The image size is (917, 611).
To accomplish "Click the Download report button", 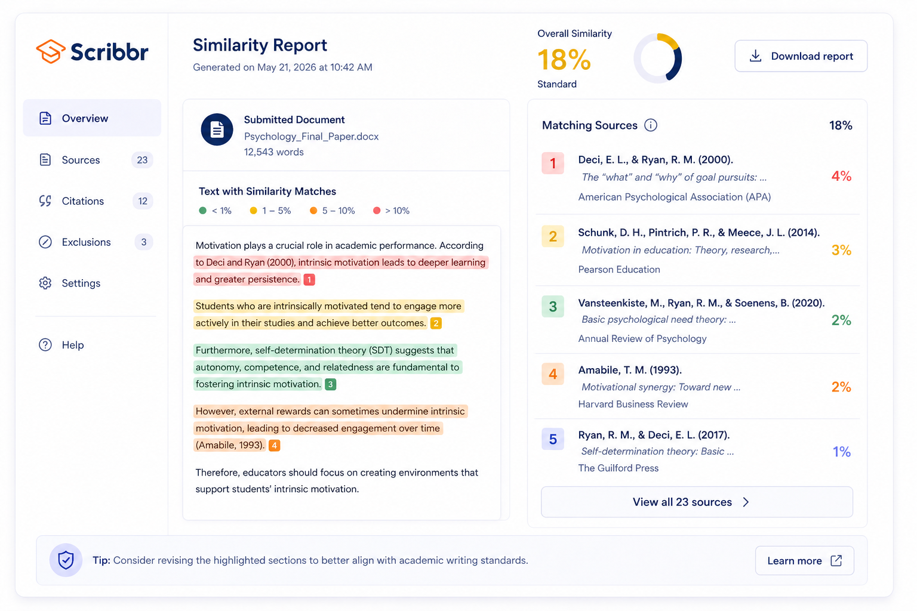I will [x=801, y=56].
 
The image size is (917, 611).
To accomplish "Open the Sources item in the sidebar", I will [x=81, y=160].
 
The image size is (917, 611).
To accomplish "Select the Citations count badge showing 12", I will [x=143, y=201].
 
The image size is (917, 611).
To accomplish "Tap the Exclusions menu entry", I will [x=86, y=242].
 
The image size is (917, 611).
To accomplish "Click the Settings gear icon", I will [x=45, y=283].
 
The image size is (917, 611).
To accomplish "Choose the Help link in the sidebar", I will [x=72, y=345].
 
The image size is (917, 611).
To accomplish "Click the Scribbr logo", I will [x=93, y=52].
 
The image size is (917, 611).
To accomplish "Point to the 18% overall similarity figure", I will [x=564, y=60].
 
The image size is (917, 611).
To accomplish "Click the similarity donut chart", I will [x=657, y=58].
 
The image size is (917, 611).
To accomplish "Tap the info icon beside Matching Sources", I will [x=651, y=125].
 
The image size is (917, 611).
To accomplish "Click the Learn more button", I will [x=804, y=561].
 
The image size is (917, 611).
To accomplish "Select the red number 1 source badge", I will [x=553, y=163].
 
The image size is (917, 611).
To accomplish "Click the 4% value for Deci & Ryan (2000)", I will [x=841, y=176].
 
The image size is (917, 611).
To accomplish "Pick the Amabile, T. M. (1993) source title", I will [x=630, y=370].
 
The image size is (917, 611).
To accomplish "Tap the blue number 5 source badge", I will [x=553, y=439].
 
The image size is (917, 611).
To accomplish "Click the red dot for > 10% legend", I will [x=377, y=211].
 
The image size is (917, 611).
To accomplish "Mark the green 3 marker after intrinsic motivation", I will [x=330, y=384].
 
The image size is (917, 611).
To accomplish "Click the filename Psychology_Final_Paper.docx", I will [x=311, y=137].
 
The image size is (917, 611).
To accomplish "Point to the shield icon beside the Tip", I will [x=66, y=560].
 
